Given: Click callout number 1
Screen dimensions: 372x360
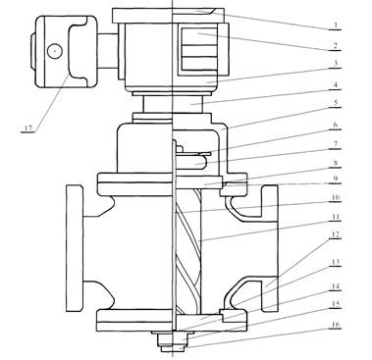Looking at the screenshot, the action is tap(335, 25).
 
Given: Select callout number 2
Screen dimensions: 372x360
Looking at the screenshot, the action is tap(335, 45).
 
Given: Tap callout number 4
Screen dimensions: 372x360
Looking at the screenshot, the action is tap(335, 84).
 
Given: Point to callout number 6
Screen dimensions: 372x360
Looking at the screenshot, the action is tap(335, 125).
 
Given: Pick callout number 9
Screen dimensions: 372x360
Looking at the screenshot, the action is tap(335, 180).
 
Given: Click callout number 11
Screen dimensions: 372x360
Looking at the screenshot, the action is tap(335, 217).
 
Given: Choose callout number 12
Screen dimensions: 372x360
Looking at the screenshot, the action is tap(335, 234).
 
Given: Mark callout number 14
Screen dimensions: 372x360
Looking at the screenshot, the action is tap(335, 286).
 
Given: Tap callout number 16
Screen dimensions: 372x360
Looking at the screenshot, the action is tap(335, 325).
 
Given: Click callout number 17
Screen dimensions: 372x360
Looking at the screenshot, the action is tap(28, 128).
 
